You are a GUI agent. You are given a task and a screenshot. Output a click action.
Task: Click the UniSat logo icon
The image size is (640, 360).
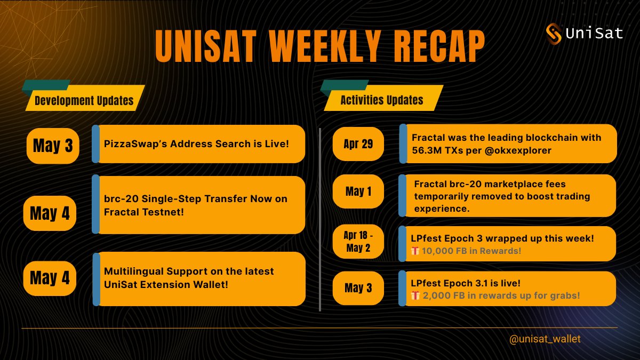(x=554, y=34)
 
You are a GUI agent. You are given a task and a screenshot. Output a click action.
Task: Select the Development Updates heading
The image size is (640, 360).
(x=84, y=100)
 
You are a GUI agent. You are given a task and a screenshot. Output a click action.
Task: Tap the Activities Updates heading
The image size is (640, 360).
(x=382, y=100)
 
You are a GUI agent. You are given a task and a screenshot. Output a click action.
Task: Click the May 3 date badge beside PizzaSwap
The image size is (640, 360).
(x=53, y=145)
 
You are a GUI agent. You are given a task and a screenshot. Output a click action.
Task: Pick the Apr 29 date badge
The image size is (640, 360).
(x=358, y=144)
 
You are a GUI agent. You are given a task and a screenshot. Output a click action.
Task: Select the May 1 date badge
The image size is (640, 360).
(x=358, y=191)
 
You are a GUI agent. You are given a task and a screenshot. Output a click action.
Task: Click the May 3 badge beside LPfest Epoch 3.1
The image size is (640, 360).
(x=358, y=288)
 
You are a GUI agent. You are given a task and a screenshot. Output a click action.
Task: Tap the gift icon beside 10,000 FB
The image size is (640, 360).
(x=415, y=251)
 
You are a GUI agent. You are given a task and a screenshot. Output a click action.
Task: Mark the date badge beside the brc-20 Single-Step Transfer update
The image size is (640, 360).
(x=50, y=213)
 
